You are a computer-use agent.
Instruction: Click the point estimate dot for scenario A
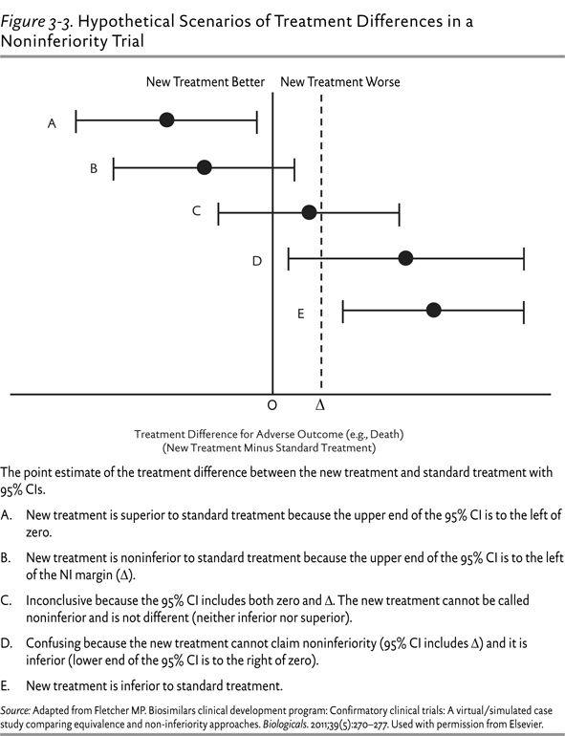166,119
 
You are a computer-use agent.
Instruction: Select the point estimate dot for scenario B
204,166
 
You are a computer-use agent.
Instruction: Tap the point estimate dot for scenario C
309,212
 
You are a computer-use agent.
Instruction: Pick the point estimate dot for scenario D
405,258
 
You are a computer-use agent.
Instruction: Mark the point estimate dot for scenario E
434,310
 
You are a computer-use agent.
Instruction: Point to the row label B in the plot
94,168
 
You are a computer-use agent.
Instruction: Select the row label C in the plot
195,211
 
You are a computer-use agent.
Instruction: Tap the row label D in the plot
257,260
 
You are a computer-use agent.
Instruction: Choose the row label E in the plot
301,312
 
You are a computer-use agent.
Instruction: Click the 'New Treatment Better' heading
205,82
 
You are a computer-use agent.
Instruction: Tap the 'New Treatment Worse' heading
340,82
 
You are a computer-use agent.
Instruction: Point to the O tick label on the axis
272,406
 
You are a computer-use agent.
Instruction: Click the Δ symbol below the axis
320,406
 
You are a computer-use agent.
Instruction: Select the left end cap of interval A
76,119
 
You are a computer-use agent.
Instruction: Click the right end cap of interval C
399,212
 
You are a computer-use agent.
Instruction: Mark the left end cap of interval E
343,310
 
